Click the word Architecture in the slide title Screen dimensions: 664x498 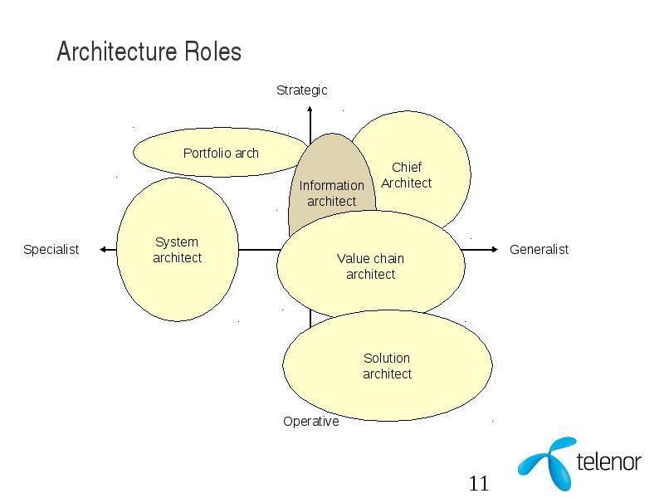coord(117,51)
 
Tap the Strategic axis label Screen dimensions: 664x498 coord(301,90)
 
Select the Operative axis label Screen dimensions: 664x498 coord(310,422)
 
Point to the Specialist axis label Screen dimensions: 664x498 coord(51,250)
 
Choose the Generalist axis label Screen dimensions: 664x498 coord(539,250)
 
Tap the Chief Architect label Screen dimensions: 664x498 coord(406,175)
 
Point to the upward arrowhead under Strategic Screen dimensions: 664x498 coord(310,110)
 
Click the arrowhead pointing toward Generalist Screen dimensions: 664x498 coord(495,250)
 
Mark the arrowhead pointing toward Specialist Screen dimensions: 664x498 coord(102,250)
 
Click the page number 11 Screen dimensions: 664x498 coord(479,484)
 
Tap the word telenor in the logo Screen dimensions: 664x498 coord(608,462)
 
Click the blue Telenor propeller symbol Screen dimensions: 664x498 coord(547,464)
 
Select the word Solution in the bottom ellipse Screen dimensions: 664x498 coord(387,359)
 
